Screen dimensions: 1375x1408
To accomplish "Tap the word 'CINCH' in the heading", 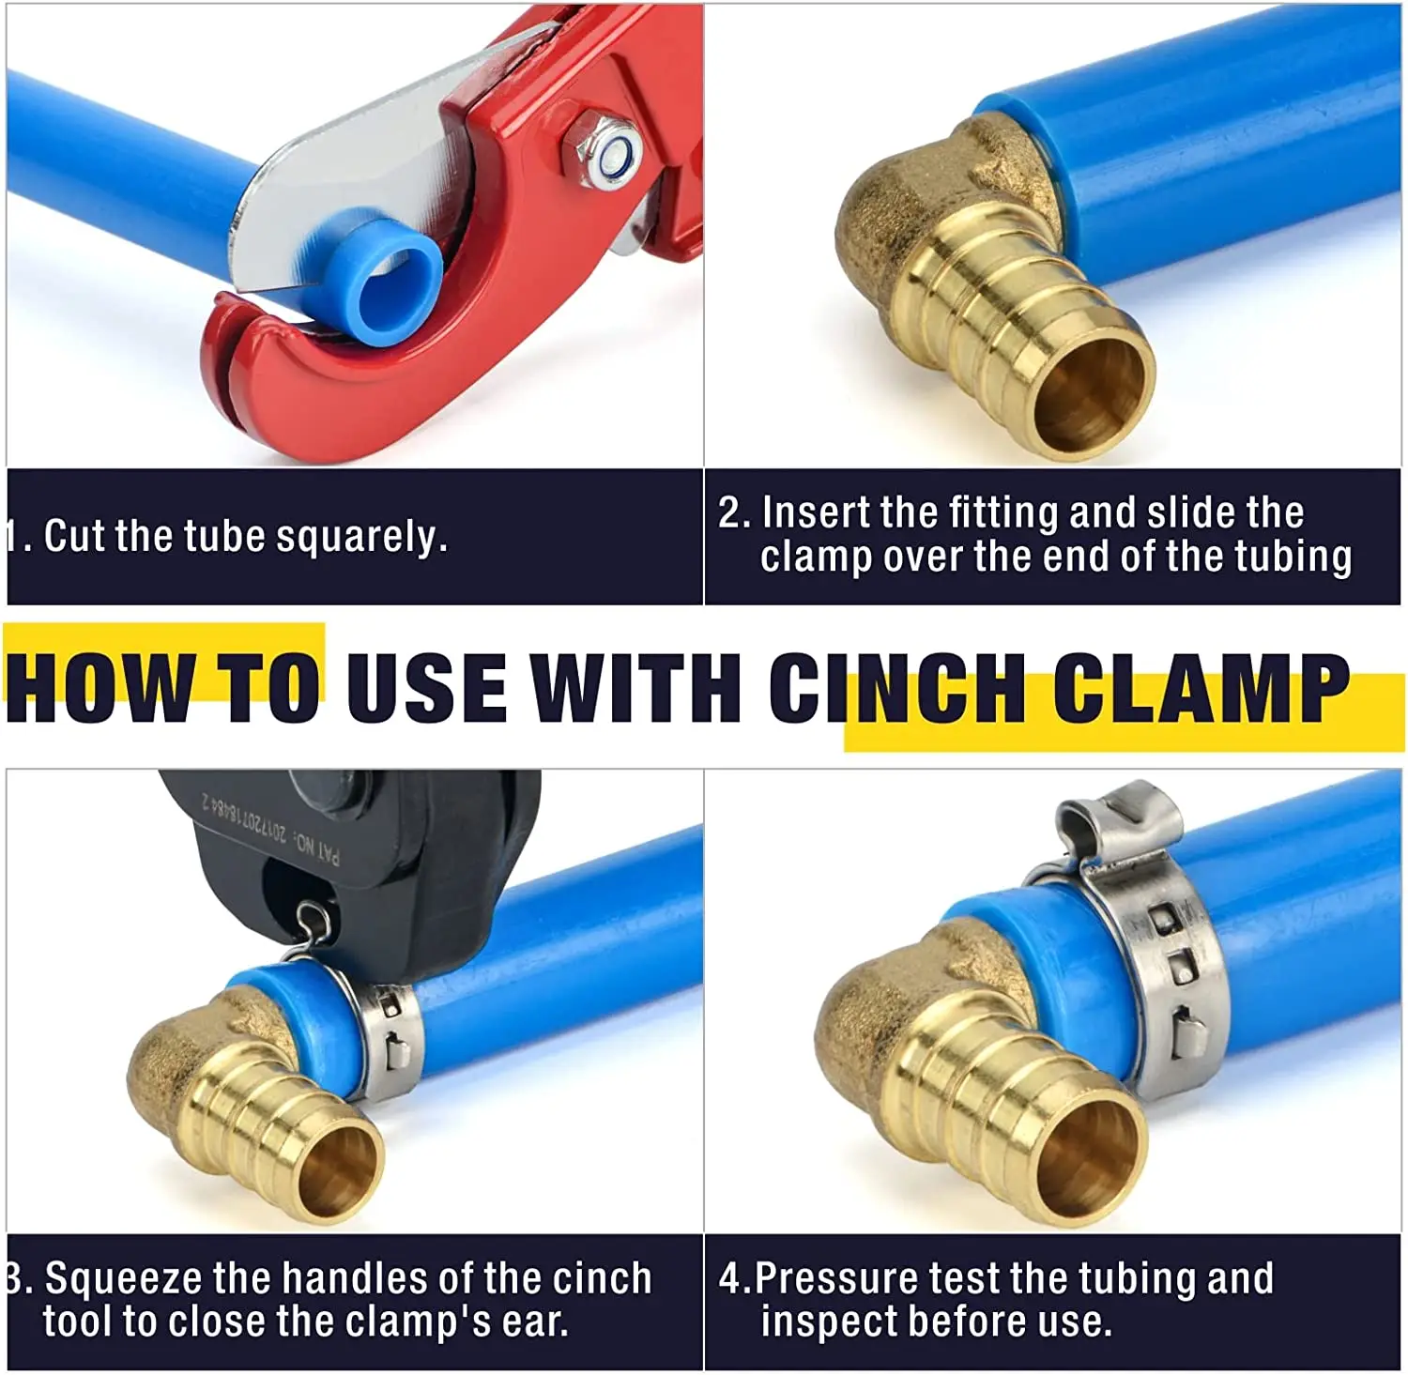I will click(x=896, y=688).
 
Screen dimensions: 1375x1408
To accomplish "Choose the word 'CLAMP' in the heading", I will click(x=1201, y=688).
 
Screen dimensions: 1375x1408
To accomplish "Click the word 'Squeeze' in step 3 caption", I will click(x=123, y=1279).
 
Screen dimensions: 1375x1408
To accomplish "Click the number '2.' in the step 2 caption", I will click(x=734, y=513).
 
